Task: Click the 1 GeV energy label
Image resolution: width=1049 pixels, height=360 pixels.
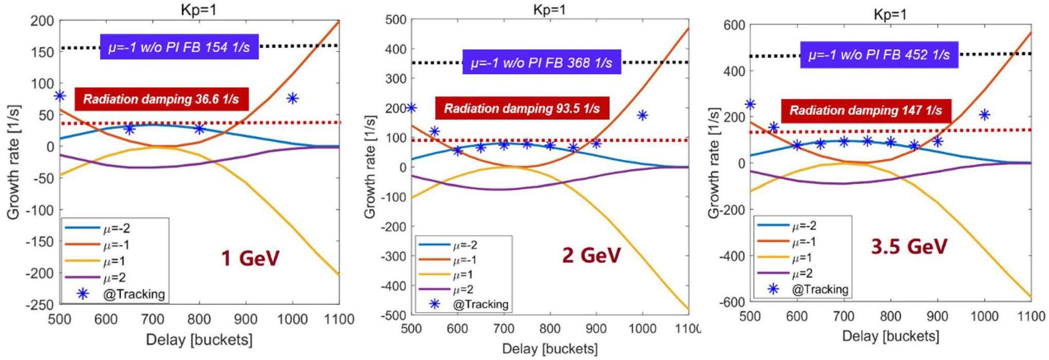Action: tap(250, 257)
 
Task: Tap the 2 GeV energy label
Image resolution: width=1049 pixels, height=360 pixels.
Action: tap(591, 255)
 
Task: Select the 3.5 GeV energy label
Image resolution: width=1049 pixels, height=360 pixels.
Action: tap(909, 247)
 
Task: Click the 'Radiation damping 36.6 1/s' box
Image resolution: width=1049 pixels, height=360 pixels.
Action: tap(161, 99)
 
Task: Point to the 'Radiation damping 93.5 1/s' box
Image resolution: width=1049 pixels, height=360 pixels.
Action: tap(521, 108)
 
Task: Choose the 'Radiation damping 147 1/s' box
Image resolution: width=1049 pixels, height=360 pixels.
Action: tap(865, 110)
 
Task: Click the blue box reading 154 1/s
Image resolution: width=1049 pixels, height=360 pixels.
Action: tap(179, 47)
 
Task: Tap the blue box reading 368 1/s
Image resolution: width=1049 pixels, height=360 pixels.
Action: tap(541, 63)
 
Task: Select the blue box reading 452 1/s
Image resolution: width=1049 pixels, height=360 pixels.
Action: tap(879, 55)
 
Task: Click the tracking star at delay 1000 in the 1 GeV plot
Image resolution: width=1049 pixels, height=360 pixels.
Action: tap(292, 98)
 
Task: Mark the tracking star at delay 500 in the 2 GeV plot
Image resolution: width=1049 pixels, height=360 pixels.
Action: tap(411, 108)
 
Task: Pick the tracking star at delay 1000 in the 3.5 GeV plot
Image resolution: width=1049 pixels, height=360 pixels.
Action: tap(984, 115)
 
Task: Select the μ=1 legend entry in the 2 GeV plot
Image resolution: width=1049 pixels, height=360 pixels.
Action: tap(465, 275)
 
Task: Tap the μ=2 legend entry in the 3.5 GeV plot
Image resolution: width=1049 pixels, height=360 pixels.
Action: tap(802, 273)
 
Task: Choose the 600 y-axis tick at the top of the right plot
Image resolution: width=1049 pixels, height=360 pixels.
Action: tap(734, 25)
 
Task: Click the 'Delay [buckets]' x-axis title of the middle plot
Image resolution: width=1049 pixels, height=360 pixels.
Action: tap(550, 349)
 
